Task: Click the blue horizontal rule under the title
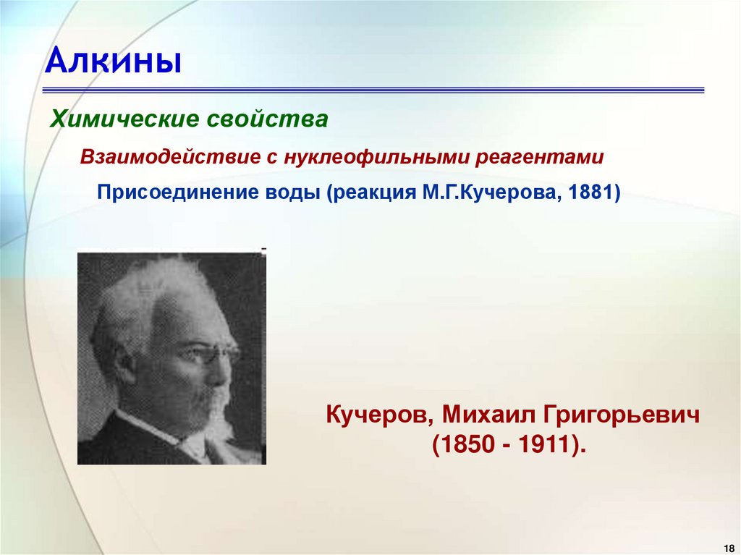[373, 90]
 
